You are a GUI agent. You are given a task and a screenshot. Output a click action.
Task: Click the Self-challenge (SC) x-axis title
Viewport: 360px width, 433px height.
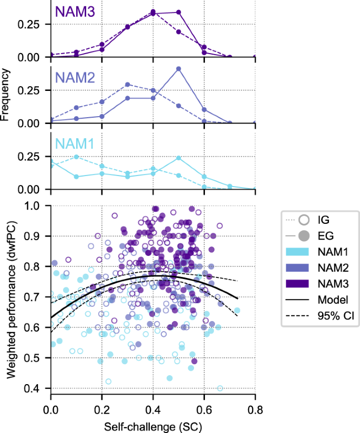153,424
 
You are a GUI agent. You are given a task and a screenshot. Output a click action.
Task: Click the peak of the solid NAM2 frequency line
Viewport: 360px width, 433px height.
179,69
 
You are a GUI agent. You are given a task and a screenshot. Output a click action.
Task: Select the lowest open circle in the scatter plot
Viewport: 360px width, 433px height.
220,388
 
